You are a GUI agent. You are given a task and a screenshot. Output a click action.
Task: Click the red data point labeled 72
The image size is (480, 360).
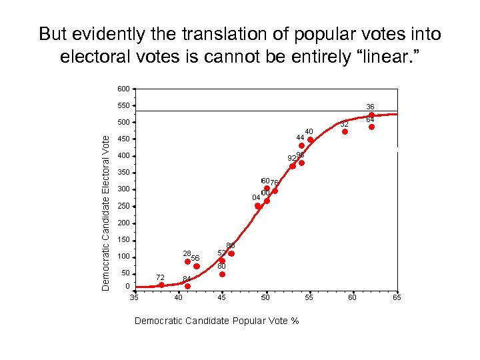(x=161, y=285)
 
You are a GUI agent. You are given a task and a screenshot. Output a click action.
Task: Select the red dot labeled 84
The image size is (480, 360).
(x=187, y=287)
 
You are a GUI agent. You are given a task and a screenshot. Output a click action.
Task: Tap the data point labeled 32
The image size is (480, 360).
(x=345, y=131)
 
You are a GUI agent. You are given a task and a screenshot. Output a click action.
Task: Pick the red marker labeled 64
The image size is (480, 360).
(x=371, y=127)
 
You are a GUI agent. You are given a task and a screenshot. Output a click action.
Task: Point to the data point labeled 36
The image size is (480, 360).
(x=371, y=115)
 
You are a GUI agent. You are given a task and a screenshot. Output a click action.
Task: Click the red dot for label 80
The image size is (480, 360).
(x=222, y=274)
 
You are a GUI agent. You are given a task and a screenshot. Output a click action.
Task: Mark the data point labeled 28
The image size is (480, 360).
(x=188, y=261)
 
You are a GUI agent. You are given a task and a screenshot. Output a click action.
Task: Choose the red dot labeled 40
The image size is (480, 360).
(x=310, y=139)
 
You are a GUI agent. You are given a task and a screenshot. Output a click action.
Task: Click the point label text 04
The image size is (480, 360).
(x=256, y=197)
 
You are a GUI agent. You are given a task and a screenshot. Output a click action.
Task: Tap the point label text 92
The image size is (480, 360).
(x=291, y=159)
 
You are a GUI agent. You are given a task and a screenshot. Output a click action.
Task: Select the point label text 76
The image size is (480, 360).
(x=274, y=183)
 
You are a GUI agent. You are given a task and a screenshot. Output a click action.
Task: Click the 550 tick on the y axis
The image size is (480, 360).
(x=123, y=105)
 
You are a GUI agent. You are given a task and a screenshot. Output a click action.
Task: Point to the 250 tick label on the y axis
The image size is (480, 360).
(x=123, y=206)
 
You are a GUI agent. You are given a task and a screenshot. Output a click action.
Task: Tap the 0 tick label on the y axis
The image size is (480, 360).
(x=127, y=286)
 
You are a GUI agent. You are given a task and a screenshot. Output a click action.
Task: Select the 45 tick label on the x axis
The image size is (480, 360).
(x=222, y=297)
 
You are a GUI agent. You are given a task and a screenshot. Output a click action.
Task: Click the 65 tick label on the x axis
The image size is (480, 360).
(x=397, y=297)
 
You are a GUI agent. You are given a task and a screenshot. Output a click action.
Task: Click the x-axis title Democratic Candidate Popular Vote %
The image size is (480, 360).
(x=217, y=321)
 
